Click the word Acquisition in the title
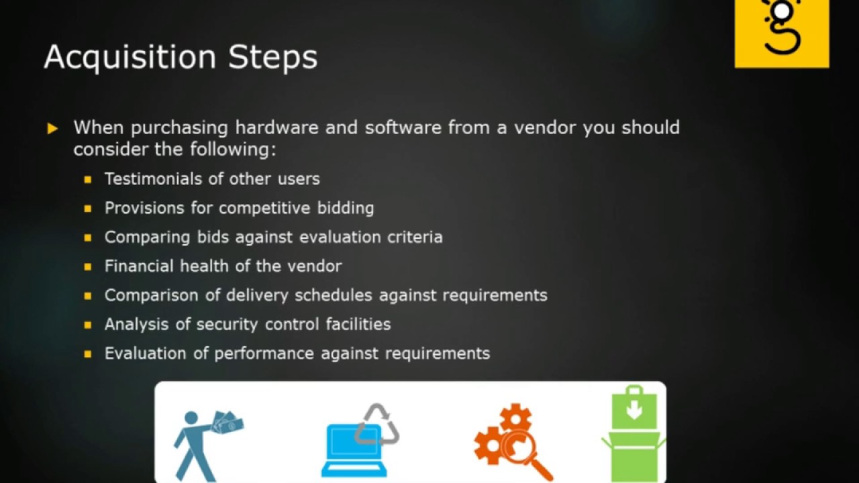[130, 58]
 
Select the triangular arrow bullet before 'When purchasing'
[53, 128]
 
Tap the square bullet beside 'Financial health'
[88, 266]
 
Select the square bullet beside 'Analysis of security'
[88, 325]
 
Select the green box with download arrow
[634, 436]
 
